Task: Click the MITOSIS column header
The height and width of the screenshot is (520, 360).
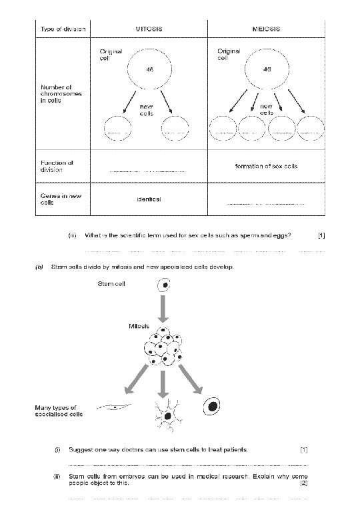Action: click(x=149, y=29)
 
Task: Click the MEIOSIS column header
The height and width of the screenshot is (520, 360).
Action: click(x=266, y=29)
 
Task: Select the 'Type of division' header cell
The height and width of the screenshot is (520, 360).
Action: click(x=63, y=29)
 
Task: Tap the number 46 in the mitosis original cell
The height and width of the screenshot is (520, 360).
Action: click(x=150, y=69)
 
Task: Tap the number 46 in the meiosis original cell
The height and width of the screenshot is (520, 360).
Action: click(x=267, y=69)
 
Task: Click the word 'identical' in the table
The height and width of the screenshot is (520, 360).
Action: click(x=149, y=199)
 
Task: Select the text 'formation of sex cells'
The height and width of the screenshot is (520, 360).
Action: click(x=266, y=166)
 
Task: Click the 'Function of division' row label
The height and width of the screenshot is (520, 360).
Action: click(x=57, y=166)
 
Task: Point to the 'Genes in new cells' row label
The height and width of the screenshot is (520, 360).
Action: click(x=61, y=199)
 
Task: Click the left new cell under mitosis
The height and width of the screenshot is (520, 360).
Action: click(x=118, y=128)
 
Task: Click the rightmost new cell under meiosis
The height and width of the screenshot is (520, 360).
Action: click(x=310, y=129)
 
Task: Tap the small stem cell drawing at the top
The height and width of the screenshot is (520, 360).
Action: click(x=164, y=285)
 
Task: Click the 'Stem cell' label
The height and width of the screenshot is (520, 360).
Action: click(x=111, y=284)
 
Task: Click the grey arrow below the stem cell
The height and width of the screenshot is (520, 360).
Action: click(x=163, y=309)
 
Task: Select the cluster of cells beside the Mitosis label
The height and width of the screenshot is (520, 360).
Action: click(x=163, y=346)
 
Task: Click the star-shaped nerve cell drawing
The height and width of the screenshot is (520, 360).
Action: click(x=167, y=415)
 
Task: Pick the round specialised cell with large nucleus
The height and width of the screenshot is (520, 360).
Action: click(x=211, y=406)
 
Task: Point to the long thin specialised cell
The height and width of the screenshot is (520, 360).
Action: click(x=114, y=407)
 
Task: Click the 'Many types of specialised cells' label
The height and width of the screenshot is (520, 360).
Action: click(x=59, y=411)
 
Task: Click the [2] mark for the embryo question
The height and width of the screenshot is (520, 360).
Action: click(x=303, y=483)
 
